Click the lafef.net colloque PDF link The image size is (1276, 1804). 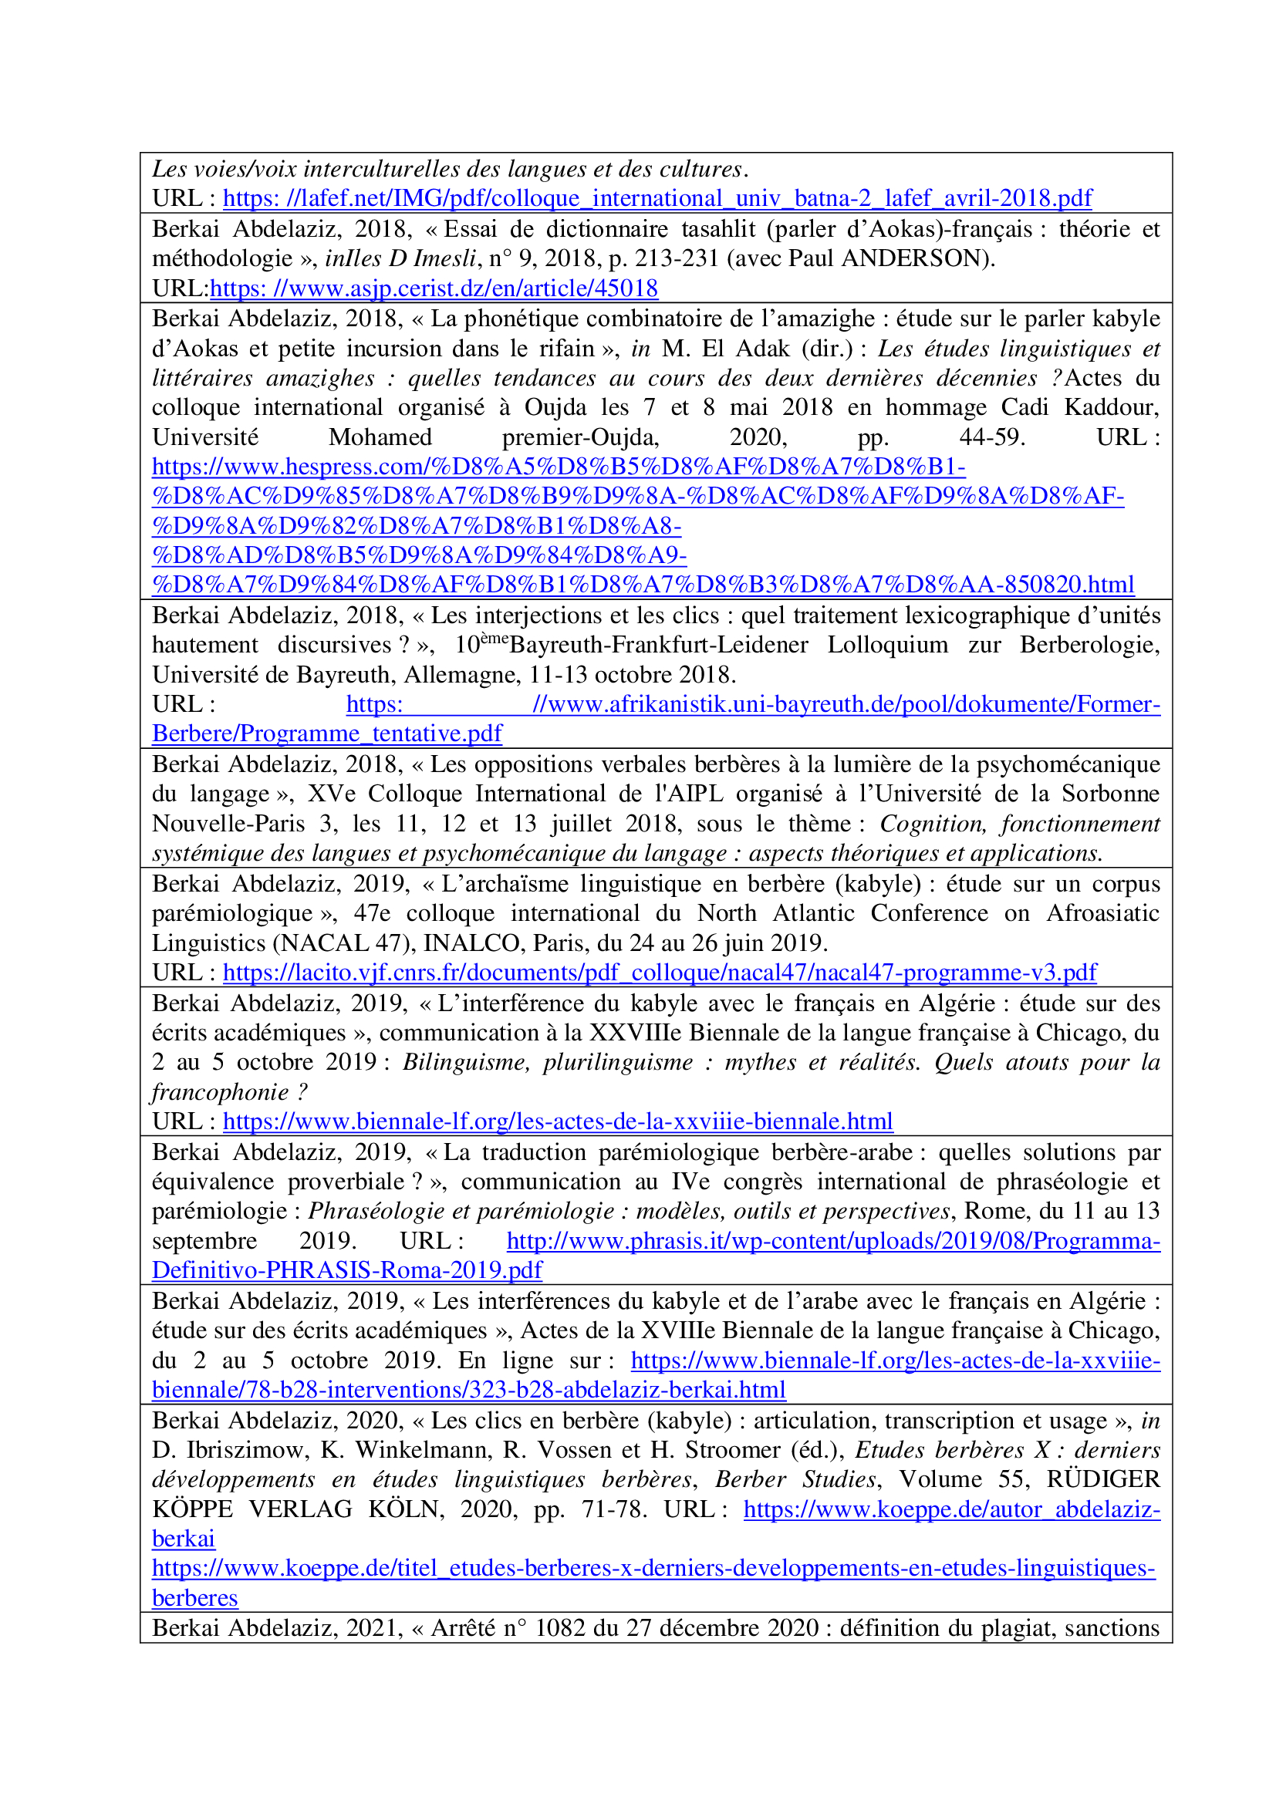pyautogui.click(x=657, y=199)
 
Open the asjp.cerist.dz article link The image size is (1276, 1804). pyautogui.click(x=434, y=288)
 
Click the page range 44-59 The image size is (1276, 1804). pyautogui.click(x=991, y=437)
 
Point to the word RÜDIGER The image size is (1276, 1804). pyautogui.click(x=1102, y=1479)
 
